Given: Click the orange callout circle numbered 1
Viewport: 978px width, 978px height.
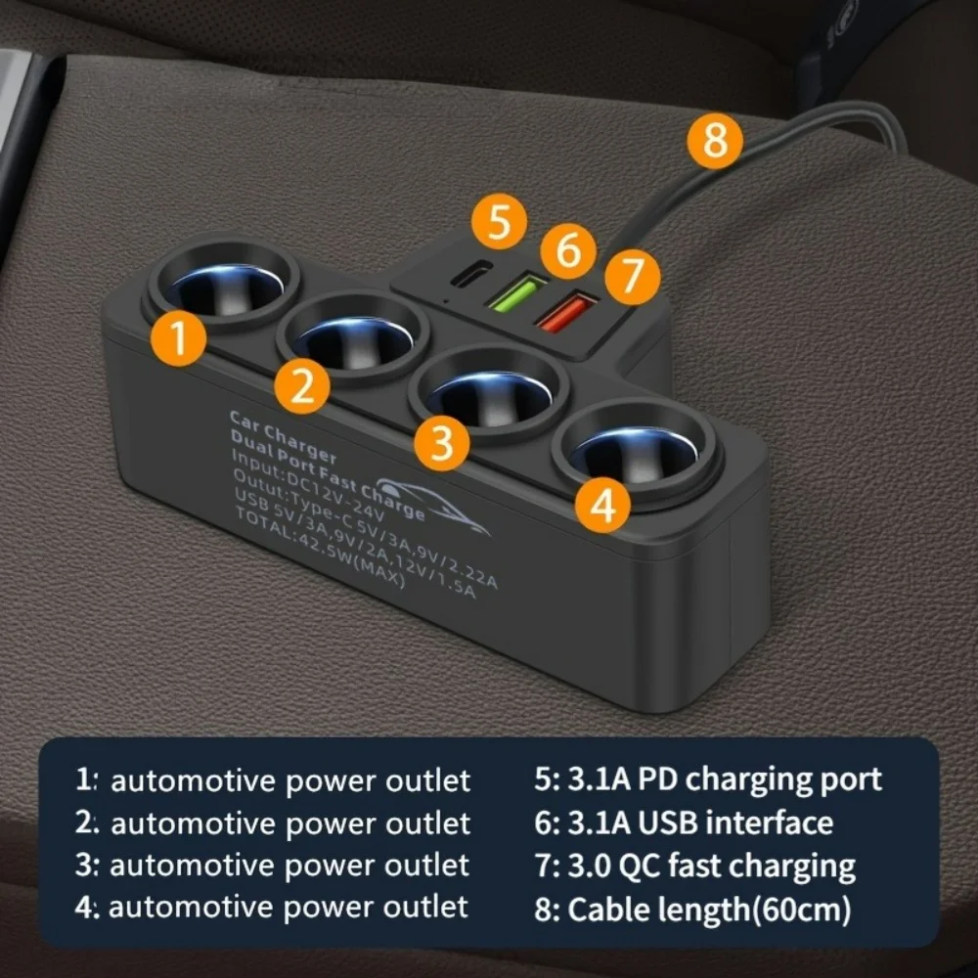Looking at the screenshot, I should coord(178,338).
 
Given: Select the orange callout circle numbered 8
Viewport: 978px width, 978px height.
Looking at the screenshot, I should coord(716,142).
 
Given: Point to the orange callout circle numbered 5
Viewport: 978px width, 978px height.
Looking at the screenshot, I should coord(500,224).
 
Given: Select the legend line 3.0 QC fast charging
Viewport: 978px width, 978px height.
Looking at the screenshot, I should coord(694,867).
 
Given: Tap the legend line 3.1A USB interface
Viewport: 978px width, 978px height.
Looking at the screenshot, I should coord(684,822).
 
